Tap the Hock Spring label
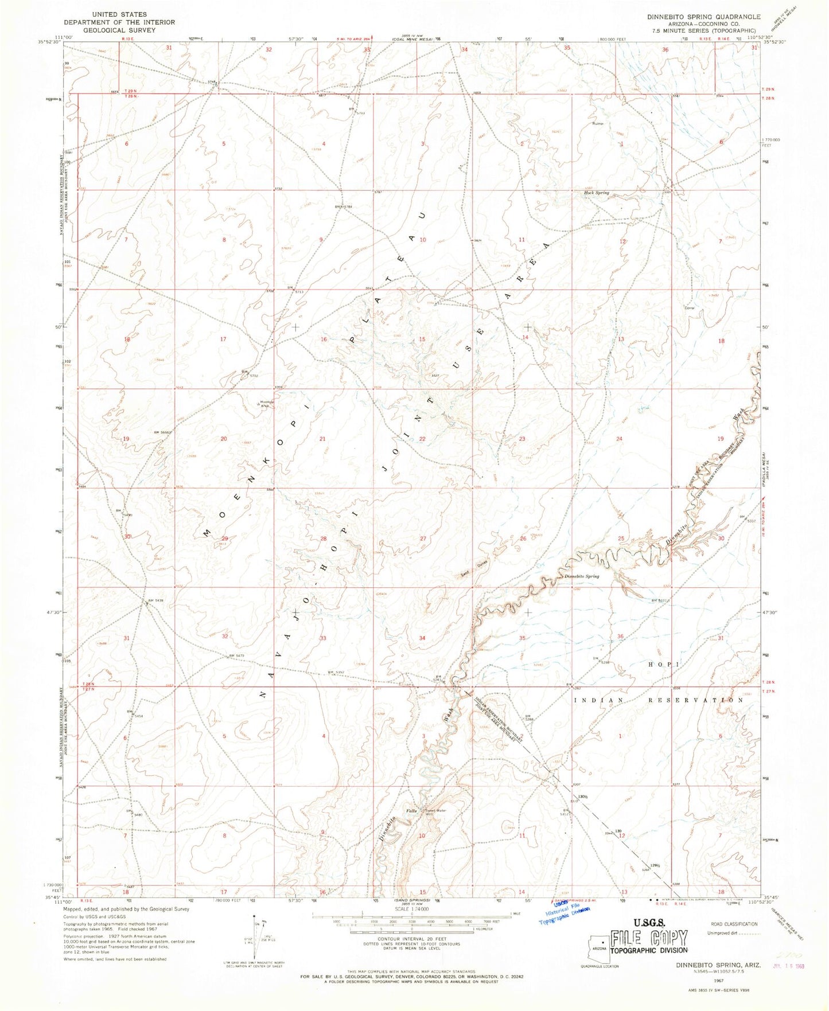(597, 193)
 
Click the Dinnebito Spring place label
(582, 576)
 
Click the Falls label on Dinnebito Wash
(411, 810)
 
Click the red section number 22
(422, 439)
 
